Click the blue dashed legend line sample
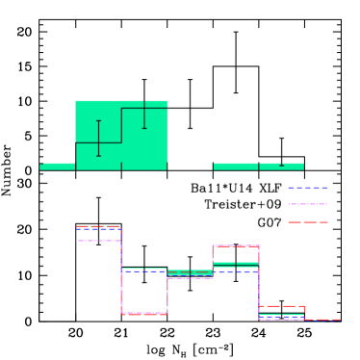(x=307, y=188)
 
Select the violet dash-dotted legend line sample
(x=307, y=204)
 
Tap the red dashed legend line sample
(x=307, y=222)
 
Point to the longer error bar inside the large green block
(x=98, y=138)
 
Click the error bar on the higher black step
(x=144, y=115)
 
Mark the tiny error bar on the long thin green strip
(x=281, y=165)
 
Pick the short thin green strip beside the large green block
(x=57, y=167)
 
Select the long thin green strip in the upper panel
(x=258, y=167)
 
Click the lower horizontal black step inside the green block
(x=98, y=142)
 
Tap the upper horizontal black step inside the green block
(x=144, y=108)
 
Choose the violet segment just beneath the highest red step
(x=98, y=240)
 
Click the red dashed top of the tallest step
(x=98, y=226)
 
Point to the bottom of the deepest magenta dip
(x=144, y=313)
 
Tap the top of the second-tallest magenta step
(x=236, y=246)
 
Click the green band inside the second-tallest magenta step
(x=236, y=264)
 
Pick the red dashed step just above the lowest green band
(x=281, y=306)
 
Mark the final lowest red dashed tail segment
(x=322, y=320)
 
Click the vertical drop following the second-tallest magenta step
(x=259, y=284)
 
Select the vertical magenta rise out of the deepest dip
(x=167, y=296)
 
